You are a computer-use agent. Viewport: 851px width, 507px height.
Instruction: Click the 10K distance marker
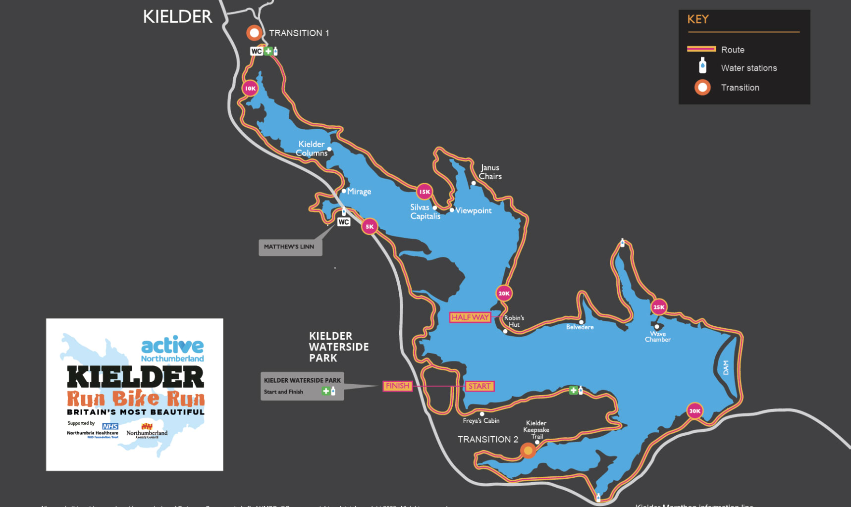250,89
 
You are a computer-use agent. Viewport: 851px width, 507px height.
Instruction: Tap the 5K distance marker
370,227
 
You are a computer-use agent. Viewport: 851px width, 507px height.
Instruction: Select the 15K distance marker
425,192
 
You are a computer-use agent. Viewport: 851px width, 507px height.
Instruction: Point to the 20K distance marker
504,294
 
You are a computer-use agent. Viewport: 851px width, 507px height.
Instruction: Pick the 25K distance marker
659,307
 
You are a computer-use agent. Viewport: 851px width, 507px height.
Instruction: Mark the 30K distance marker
695,411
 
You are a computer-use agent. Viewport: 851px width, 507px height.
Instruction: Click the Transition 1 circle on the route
254,33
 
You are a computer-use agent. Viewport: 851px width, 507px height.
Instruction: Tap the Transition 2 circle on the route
528,451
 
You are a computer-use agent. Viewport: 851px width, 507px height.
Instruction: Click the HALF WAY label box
470,317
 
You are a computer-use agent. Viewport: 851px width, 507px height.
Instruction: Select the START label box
479,386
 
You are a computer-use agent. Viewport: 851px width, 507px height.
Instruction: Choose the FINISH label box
397,386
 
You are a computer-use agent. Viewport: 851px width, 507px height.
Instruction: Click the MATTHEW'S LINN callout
290,247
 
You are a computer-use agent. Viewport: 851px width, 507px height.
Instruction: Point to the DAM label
726,367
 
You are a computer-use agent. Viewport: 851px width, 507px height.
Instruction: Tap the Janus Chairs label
490,172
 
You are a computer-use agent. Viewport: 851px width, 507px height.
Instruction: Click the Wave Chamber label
658,337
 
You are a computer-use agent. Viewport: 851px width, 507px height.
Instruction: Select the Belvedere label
580,327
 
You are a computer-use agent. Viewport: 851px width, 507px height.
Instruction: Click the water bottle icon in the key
702,66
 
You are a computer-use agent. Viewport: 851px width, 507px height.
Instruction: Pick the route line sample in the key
701,49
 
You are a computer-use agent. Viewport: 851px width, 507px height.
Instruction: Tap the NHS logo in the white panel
110,426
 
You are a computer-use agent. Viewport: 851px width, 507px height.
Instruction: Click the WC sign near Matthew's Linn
344,222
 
